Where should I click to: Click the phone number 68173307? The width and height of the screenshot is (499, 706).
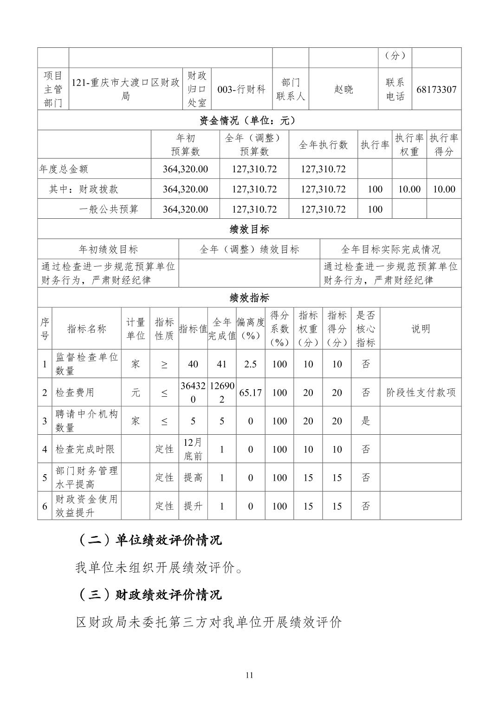point(436,89)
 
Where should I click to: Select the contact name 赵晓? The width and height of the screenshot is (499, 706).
point(343,89)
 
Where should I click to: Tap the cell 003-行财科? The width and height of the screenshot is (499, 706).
point(241,89)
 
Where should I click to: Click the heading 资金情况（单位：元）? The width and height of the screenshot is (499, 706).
point(249,121)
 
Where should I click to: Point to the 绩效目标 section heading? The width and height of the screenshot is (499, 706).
point(249,229)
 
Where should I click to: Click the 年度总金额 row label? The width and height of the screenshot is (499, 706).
point(64,169)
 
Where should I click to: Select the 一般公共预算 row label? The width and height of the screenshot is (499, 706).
point(109,209)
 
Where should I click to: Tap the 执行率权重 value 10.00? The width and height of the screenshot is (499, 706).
point(409,189)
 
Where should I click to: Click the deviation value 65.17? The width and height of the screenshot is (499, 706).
point(250,392)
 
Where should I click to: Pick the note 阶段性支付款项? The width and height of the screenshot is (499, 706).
point(421,392)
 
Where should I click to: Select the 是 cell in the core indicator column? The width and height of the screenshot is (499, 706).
point(366,421)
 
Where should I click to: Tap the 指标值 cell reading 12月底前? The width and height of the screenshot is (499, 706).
point(193,449)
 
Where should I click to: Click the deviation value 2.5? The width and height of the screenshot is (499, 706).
point(250,364)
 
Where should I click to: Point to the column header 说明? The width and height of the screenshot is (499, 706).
point(421,329)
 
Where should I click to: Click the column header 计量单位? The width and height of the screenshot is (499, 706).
point(136,329)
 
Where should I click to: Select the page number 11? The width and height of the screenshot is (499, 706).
point(249,675)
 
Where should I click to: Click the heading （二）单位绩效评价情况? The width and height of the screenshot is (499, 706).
point(149,540)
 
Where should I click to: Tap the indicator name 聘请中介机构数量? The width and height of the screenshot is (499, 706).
point(86,421)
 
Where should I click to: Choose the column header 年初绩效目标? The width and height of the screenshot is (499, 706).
point(108,249)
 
